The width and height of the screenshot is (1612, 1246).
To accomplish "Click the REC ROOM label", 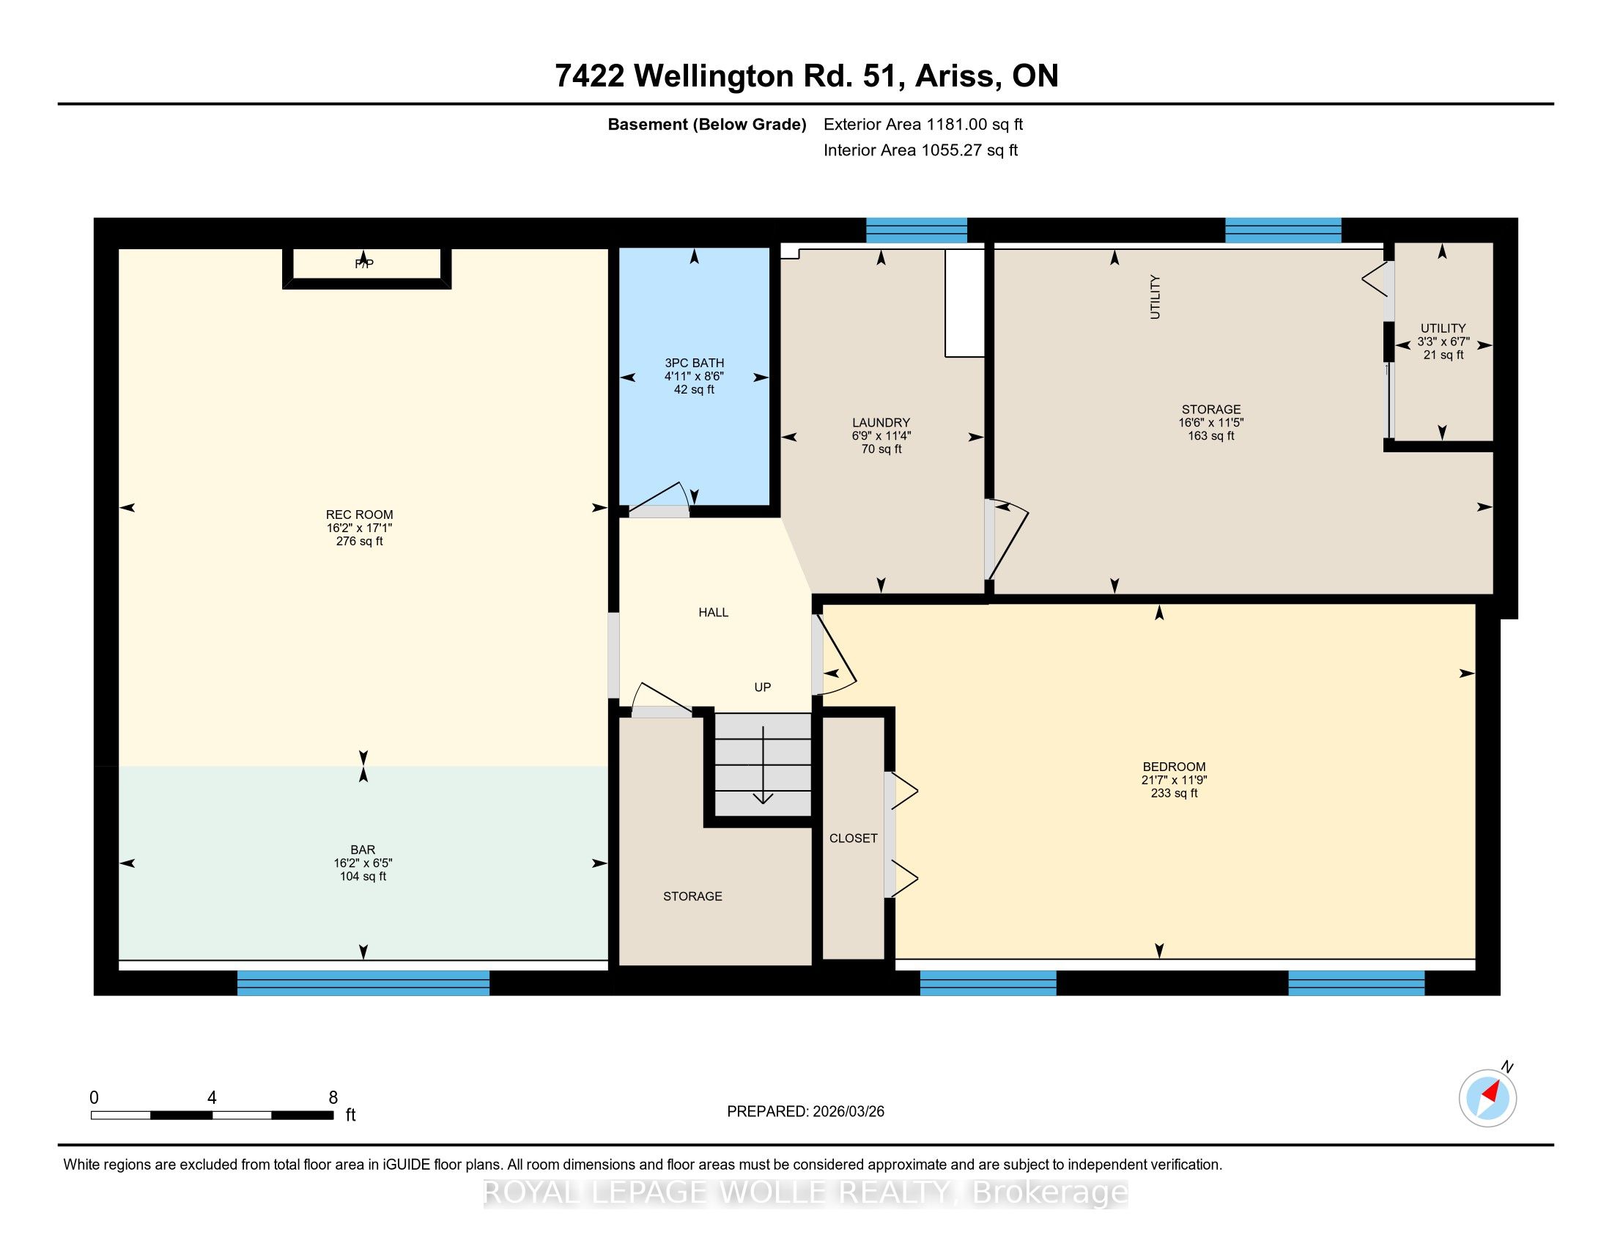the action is [x=360, y=515].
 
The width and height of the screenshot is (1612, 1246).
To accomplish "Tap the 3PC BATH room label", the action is [x=694, y=362].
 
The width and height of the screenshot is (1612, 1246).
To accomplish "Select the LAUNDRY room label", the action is [x=881, y=422].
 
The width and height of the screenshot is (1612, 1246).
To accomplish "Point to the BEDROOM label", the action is [x=1174, y=766].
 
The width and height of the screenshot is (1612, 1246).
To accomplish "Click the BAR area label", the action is [x=363, y=849].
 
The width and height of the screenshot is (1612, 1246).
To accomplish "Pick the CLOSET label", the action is [x=853, y=838].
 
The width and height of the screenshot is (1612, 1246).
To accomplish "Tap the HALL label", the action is [x=713, y=612].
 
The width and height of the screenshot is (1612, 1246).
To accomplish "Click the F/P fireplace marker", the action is [x=364, y=264].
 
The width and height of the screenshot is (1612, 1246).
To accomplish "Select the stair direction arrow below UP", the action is [x=763, y=764].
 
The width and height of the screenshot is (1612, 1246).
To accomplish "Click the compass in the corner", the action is [x=1488, y=1098].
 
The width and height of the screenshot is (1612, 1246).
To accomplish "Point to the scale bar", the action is [x=212, y=1115].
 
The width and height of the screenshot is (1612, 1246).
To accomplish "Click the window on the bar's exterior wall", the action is [x=363, y=982].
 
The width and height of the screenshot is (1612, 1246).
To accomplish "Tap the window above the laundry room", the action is [x=916, y=230].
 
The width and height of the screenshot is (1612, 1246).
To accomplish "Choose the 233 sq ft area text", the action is [x=1174, y=793].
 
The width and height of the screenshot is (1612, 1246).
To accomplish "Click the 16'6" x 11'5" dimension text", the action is [x=1210, y=422].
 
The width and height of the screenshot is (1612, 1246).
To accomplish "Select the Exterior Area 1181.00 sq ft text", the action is [x=923, y=124].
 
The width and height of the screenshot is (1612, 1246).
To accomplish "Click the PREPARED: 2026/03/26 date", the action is [x=805, y=1111].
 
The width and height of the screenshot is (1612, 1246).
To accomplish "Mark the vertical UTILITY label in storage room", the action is [x=1155, y=297].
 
